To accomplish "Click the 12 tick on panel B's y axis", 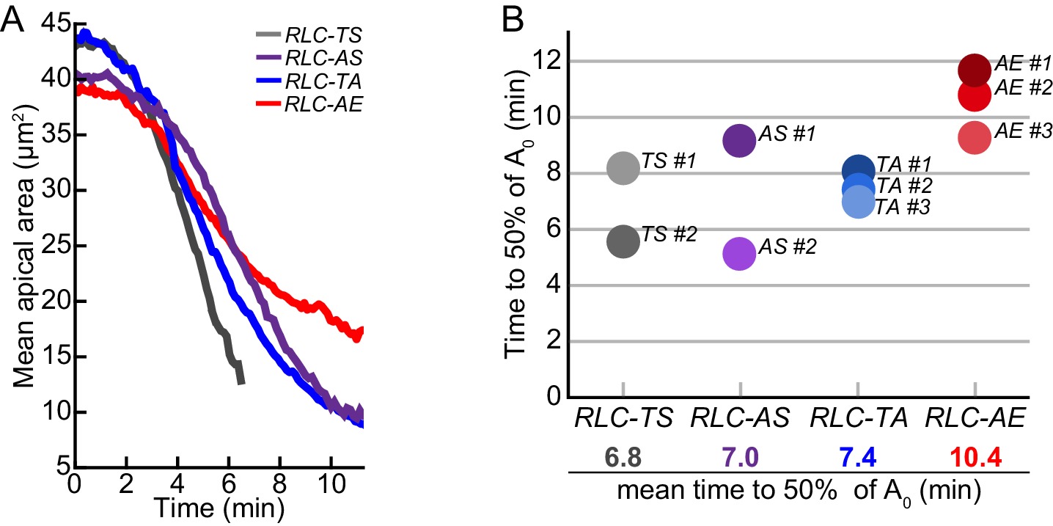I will coord(561,61).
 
